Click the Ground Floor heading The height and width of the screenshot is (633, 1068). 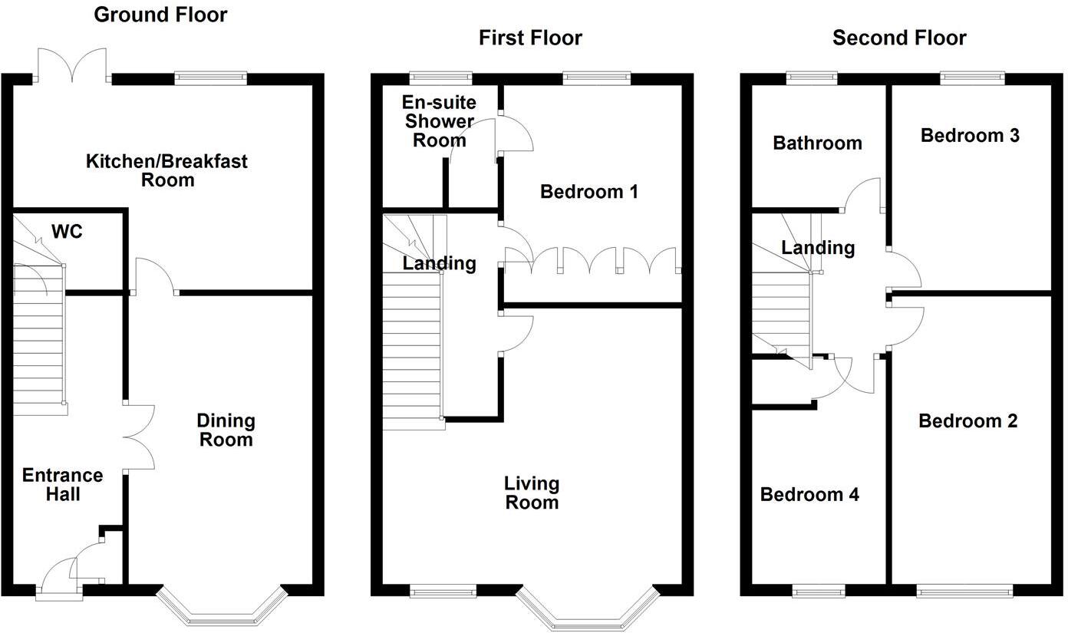point(160,15)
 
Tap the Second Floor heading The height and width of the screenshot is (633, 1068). point(899,38)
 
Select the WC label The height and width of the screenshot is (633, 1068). point(67,231)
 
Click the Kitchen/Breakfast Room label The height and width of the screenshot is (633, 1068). point(166,170)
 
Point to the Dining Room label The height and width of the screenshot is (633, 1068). point(226,430)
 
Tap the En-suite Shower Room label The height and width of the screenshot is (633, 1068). point(440,121)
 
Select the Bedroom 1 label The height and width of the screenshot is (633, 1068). point(588,191)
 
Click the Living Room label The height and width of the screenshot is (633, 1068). point(532,493)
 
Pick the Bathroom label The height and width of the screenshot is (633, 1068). point(817,143)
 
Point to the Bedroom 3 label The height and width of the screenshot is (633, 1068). point(970,136)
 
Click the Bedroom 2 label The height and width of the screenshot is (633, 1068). point(967,420)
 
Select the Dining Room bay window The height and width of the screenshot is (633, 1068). point(221,611)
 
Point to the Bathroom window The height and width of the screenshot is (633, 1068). point(812,77)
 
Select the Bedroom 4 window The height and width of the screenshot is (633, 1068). point(818,591)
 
